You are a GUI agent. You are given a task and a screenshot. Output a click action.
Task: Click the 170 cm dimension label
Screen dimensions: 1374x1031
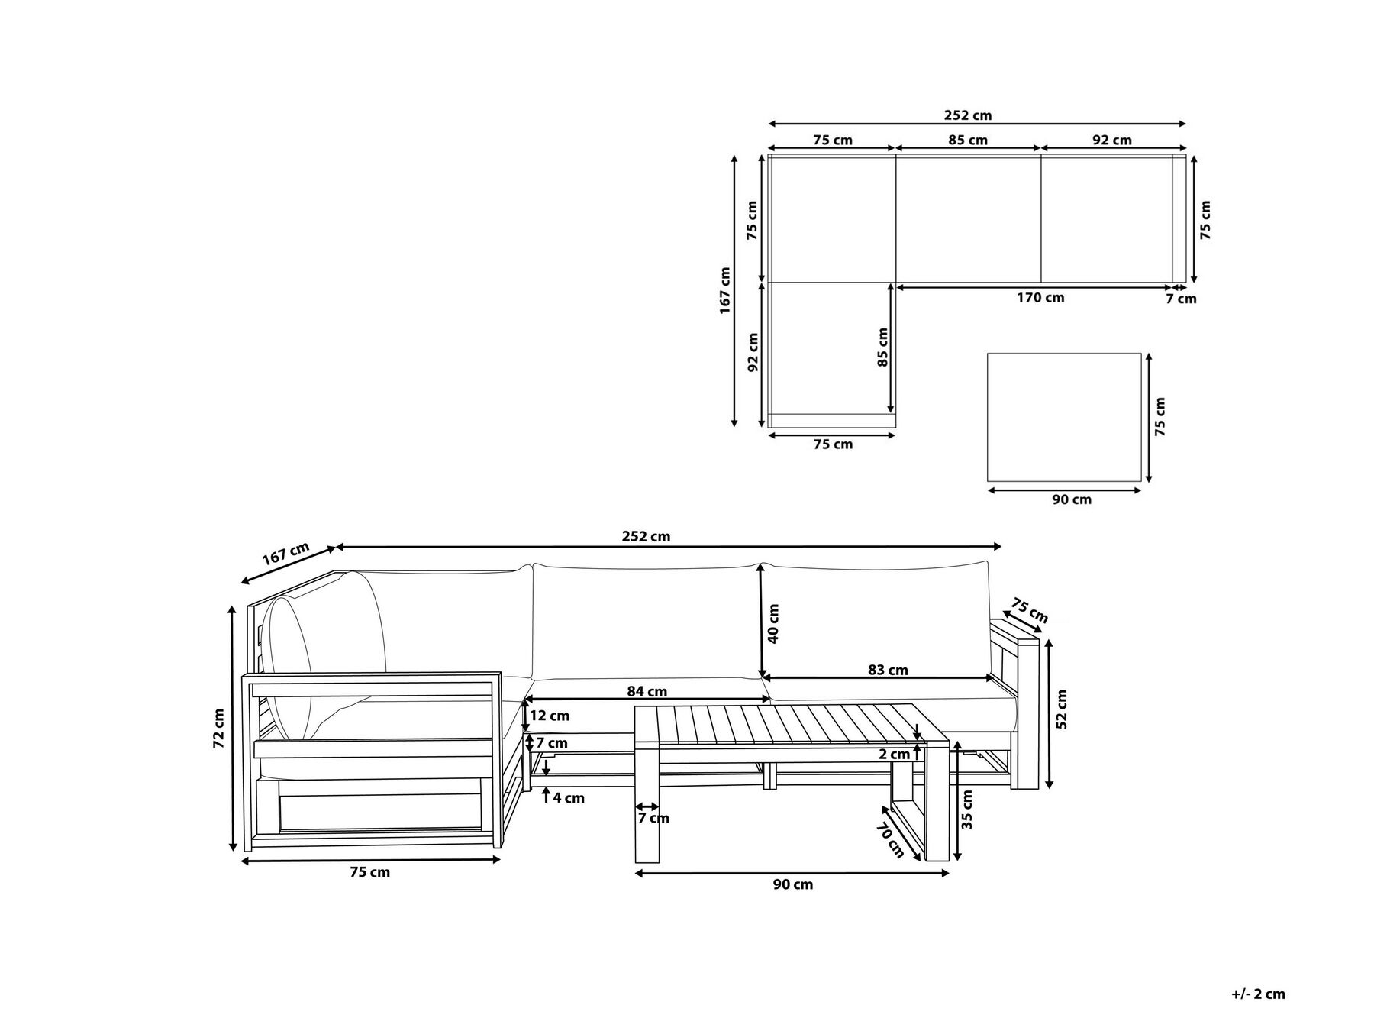[1040, 298]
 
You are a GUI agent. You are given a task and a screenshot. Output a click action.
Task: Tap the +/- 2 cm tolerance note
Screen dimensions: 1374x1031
[1258, 994]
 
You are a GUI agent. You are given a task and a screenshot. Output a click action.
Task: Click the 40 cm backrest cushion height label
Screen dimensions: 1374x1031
[774, 623]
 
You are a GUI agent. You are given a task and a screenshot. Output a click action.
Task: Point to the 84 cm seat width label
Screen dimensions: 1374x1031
[647, 692]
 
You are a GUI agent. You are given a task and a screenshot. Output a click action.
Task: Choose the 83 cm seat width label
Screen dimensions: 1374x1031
[888, 670]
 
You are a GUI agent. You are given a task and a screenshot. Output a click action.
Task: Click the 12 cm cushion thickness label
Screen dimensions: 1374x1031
[550, 716]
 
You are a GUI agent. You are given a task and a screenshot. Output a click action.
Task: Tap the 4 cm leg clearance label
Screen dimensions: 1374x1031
[569, 798]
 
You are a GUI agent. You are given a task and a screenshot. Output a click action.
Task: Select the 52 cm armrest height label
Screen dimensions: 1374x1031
[1062, 709]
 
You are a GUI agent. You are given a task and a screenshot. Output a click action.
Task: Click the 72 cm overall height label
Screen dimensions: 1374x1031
[219, 728]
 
